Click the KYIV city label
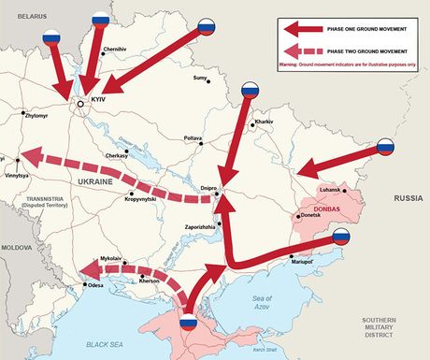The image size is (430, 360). tap(97, 99)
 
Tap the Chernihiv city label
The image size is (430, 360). tap(114, 49)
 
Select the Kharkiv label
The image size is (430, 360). tap(264, 122)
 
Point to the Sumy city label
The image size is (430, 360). tap(199, 78)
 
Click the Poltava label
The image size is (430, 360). tap(193, 137)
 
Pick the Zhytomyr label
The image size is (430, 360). tap(40, 116)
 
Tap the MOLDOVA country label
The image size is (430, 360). tap(16, 248)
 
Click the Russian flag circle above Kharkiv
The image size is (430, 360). tap(250, 91)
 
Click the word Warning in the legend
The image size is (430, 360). tap(292, 65)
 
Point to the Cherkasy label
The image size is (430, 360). tap(119, 155)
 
